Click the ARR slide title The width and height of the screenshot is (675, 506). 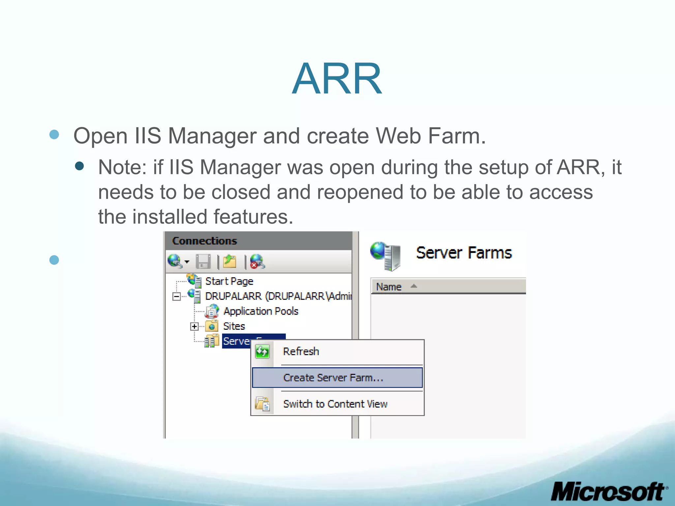point(337,79)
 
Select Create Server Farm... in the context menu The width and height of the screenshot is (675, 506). point(333,378)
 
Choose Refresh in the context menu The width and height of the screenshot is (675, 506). point(301,351)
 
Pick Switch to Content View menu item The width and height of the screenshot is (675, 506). point(335,404)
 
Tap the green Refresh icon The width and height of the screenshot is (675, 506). point(262,351)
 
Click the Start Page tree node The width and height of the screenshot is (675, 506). point(229,281)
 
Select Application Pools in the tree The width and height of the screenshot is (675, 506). point(261,311)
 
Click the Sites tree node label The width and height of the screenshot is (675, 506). point(234,326)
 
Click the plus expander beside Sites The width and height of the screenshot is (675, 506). point(194,326)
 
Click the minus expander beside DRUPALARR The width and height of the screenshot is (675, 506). point(177,296)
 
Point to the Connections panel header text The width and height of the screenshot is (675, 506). point(204,241)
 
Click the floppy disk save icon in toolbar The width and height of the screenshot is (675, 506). point(203,262)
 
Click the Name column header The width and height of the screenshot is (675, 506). point(389,287)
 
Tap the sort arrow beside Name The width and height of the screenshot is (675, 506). point(414,286)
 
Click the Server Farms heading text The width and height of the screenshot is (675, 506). point(464,253)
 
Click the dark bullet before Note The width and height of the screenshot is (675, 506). point(79,166)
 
